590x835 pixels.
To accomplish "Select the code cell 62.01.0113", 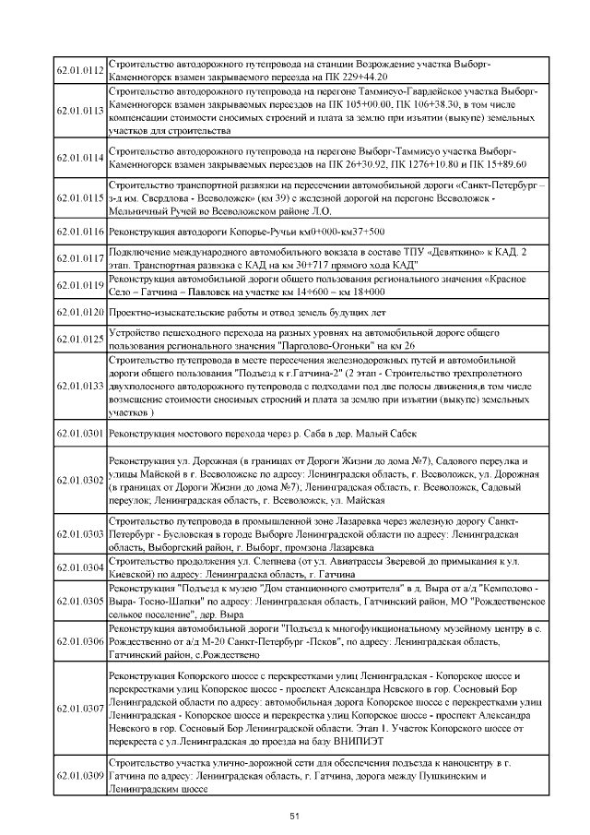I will (x=80, y=111).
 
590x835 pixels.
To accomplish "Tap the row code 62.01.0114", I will (x=80, y=158).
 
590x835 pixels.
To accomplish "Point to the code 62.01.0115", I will (x=80, y=198).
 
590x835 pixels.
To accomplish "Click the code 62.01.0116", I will (x=80, y=231).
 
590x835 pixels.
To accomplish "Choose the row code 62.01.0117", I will (x=80, y=259).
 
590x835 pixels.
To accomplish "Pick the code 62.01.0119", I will (x=80, y=285).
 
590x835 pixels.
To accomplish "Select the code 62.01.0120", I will (x=80, y=313).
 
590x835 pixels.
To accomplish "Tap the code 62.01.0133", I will (x=80, y=386).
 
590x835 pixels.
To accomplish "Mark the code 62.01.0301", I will (x=80, y=432).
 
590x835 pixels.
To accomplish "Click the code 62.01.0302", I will (x=80, y=481).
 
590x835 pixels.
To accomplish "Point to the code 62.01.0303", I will (x=80, y=534).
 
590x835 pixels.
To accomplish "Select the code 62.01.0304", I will (x=80, y=567).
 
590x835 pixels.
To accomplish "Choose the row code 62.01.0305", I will (x=80, y=600).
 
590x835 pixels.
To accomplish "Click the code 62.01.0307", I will (x=80, y=709).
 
